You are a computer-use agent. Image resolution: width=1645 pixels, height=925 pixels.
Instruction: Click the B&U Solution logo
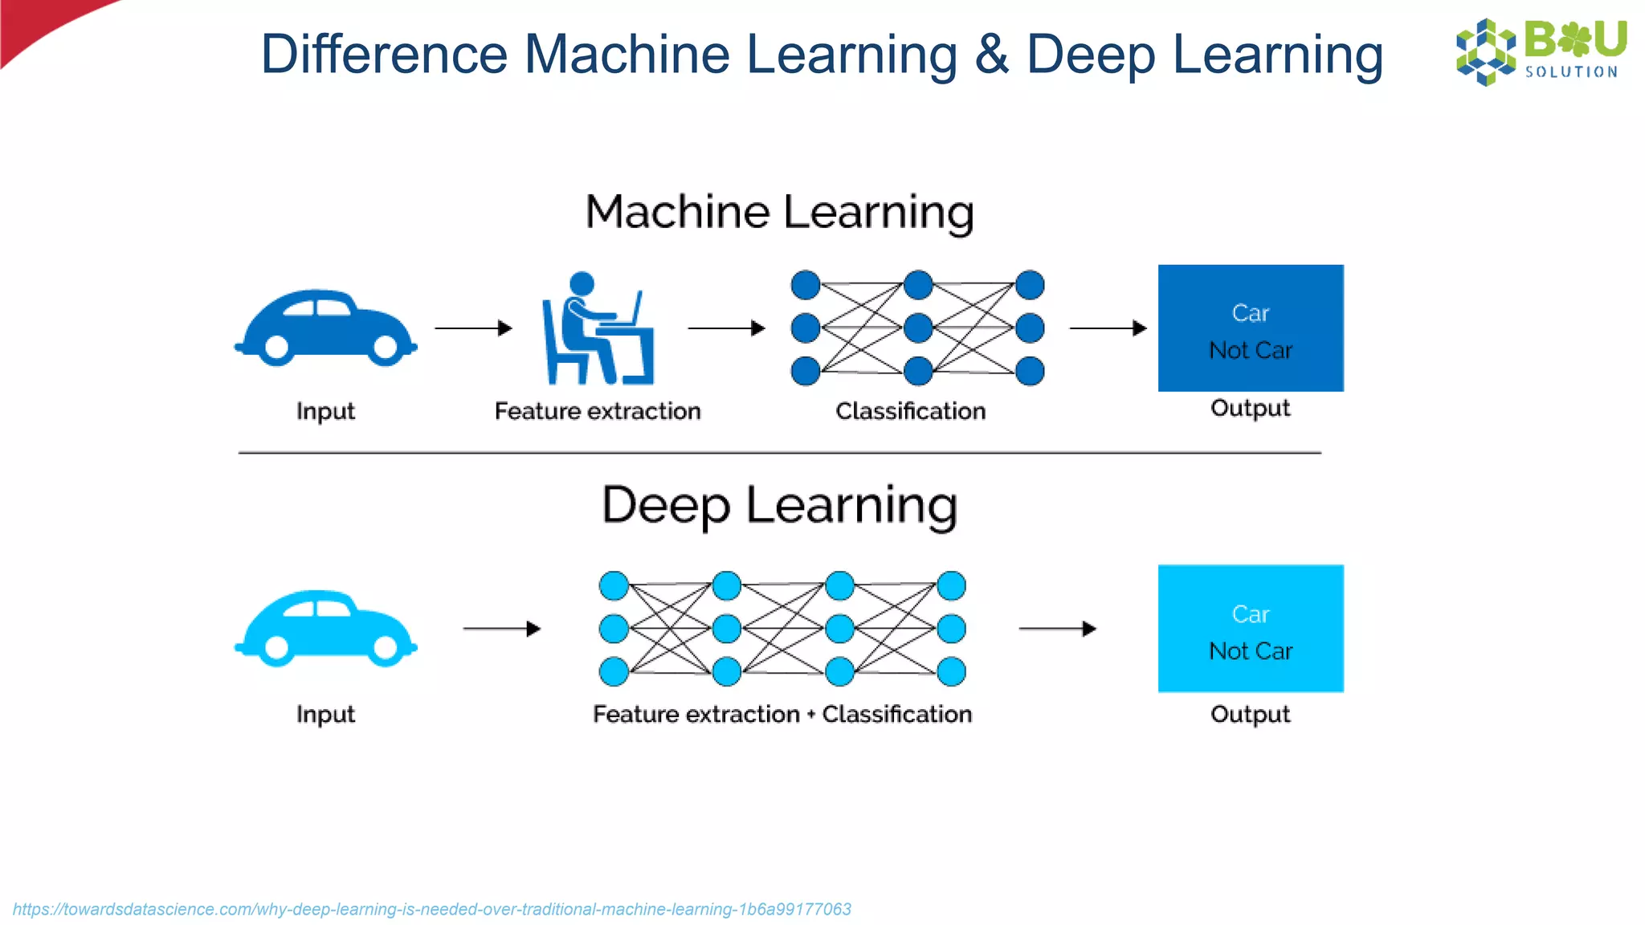1541,51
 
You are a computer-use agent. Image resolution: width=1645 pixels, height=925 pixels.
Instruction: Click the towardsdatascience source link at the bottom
431,909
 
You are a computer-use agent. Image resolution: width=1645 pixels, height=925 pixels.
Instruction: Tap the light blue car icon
325,629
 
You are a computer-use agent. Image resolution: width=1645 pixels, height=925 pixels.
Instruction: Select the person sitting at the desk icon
597,329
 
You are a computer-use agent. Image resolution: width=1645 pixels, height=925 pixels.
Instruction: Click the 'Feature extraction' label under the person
598,411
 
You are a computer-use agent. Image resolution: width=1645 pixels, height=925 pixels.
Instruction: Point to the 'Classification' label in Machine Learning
910,411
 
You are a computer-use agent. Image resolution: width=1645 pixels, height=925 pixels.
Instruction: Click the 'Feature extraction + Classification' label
782,714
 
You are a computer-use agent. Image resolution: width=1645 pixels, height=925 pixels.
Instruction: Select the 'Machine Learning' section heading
779,212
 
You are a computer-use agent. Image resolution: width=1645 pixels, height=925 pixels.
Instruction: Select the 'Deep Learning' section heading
779,506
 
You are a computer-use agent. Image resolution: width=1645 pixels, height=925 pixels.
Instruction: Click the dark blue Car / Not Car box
1250,328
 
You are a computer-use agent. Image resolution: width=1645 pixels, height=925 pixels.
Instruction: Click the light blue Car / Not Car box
1250,629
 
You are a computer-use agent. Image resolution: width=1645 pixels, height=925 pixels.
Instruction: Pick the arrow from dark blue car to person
473,328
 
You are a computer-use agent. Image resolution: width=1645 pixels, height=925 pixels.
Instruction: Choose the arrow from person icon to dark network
726,328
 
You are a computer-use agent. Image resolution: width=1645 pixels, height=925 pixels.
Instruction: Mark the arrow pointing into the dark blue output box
1108,328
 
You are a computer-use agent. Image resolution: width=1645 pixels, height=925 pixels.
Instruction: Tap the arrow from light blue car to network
502,629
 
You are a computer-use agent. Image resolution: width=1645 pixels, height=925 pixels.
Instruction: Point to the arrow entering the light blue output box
1057,629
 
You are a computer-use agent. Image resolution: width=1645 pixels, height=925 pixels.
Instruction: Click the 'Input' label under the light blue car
325,714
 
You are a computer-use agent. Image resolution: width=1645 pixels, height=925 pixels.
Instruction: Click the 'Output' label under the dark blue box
1250,408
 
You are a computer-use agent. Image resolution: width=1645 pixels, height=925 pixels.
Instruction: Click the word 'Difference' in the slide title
384,55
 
